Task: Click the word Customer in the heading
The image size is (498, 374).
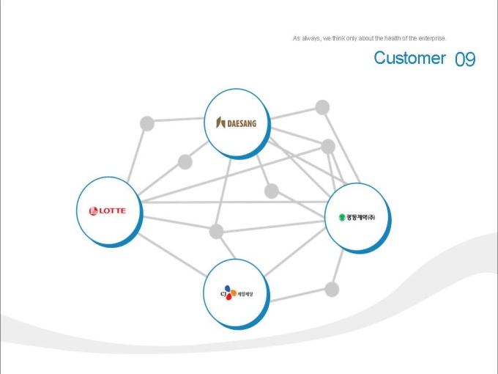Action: [x=409, y=58]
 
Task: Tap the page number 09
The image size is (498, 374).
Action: [x=465, y=59]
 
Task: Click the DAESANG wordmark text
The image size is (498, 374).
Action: [x=241, y=123]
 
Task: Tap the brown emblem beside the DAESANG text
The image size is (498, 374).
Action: [x=220, y=123]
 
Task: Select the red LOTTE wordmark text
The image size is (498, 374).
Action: [x=112, y=211]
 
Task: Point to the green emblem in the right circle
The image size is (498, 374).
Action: [x=341, y=217]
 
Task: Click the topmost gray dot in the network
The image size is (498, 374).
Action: [x=322, y=107]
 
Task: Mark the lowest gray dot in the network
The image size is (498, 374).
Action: [x=332, y=289]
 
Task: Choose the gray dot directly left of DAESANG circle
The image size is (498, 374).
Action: [x=147, y=122]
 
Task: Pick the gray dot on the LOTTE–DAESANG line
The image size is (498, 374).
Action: [x=185, y=161]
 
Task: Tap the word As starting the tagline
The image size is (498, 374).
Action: [x=296, y=38]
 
